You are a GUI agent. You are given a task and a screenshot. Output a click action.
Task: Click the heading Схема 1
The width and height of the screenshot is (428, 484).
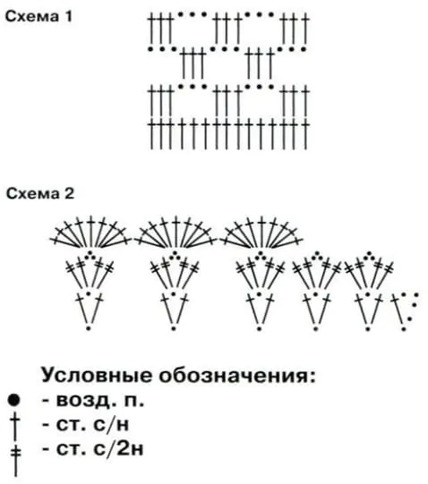39,16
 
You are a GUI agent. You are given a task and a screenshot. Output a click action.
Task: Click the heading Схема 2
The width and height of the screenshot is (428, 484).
40,194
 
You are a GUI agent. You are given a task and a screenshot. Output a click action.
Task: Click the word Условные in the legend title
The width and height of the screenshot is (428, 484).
97,376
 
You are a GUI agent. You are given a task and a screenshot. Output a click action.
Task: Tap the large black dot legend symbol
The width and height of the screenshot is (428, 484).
14,401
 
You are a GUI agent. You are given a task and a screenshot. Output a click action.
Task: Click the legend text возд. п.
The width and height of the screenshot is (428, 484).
93,401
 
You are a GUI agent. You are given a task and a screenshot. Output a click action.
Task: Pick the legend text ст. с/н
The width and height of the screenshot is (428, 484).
86,425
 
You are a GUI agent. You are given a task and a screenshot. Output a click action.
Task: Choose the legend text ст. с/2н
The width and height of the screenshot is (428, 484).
93,449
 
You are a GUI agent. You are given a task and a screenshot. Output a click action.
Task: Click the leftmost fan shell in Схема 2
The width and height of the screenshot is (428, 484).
90,232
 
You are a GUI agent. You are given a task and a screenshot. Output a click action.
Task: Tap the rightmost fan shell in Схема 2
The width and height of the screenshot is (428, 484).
261,232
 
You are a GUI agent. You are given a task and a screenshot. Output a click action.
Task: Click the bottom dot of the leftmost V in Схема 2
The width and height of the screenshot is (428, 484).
89,328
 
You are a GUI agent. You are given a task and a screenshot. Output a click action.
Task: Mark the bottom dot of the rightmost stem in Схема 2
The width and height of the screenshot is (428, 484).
403,329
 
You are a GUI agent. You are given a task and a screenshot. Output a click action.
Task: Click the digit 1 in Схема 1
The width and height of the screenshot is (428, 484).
68,16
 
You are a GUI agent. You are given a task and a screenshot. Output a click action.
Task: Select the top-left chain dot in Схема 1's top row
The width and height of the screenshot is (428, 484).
180,14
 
